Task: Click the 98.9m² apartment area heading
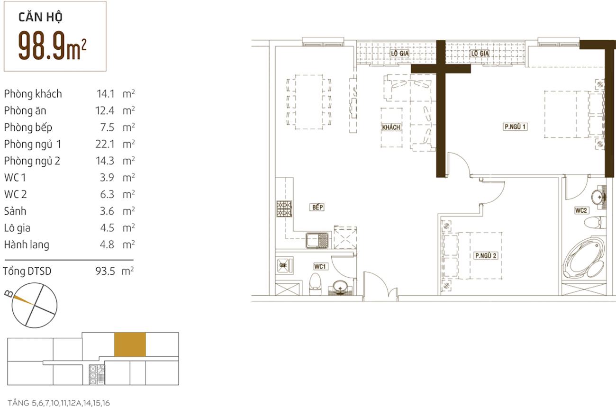click(52, 45)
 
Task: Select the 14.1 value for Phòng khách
click(105, 94)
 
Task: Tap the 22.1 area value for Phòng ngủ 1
click(105, 144)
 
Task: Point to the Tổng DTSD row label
click(27, 271)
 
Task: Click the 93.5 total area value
click(105, 271)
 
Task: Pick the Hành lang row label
click(27, 245)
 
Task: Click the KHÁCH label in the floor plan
click(391, 127)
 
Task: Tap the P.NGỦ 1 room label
click(515, 127)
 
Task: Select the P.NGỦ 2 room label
click(486, 255)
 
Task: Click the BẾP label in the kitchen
click(317, 207)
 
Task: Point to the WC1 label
click(320, 266)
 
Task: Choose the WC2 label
click(581, 210)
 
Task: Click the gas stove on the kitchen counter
click(284, 209)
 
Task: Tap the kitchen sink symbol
click(317, 241)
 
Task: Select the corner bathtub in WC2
click(584, 258)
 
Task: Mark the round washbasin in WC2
click(598, 197)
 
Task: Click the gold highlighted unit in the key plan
click(130, 344)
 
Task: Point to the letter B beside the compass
click(9, 294)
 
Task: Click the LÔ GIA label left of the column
click(399, 54)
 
